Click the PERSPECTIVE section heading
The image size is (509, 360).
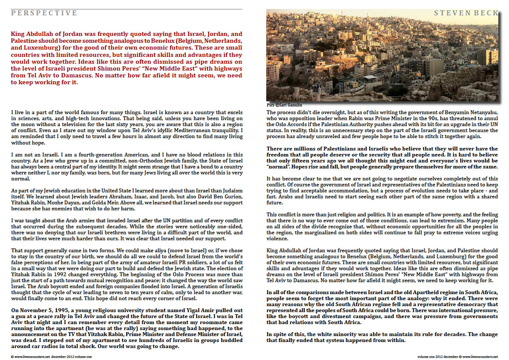click(x=44, y=13)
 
